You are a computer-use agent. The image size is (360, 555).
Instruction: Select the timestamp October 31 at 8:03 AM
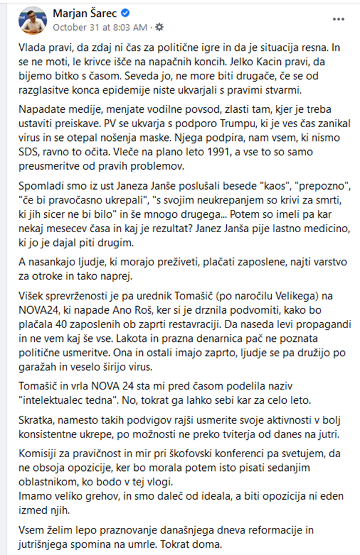(100, 27)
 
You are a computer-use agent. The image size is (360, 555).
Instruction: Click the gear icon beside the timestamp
(159, 27)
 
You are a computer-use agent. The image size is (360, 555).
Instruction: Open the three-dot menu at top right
(338, 19)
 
